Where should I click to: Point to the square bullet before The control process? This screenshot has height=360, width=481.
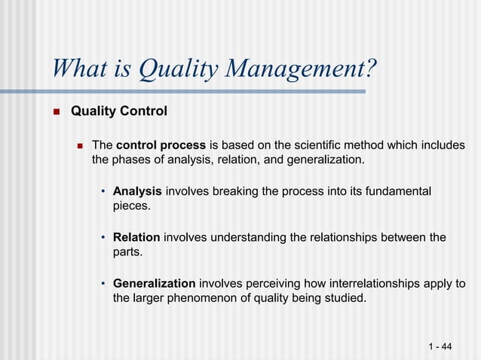click(x=78, y=145)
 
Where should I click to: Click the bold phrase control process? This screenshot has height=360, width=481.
click(x=161, y=145)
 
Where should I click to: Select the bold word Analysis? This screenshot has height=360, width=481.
click(x=137, y=192)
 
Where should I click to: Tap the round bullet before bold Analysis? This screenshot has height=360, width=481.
click(x=103, y=192)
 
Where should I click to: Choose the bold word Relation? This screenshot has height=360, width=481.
click(x=136, y=238)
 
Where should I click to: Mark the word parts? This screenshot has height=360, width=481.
click(x=127, y=252)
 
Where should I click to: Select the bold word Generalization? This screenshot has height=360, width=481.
click(x=154, y=284)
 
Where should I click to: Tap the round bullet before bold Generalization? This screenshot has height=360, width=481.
click(x=103, y=284)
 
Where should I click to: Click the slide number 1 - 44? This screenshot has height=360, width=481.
click(x=440, y=346)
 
